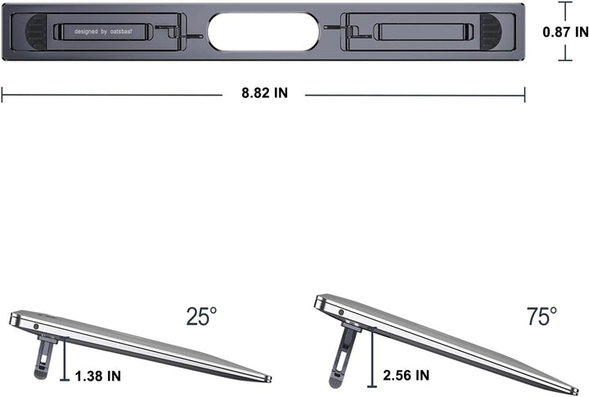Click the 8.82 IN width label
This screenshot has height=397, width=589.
(x=263, y=93)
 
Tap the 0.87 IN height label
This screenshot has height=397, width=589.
(x=565, y=32)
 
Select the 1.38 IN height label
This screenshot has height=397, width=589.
(x=97, y=376)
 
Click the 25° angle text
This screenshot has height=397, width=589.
(x=200, y=315)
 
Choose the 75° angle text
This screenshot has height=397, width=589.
(x=541, y=315)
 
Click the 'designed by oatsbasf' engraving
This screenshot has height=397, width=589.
(x=103, y=32)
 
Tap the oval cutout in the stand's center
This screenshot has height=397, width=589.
(x=263, y=32)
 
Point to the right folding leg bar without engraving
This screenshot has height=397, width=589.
(x=422, y=33)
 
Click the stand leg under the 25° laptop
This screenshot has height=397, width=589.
(x=47, y=359)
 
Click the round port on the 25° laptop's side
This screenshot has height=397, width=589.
(x=36, y=326)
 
